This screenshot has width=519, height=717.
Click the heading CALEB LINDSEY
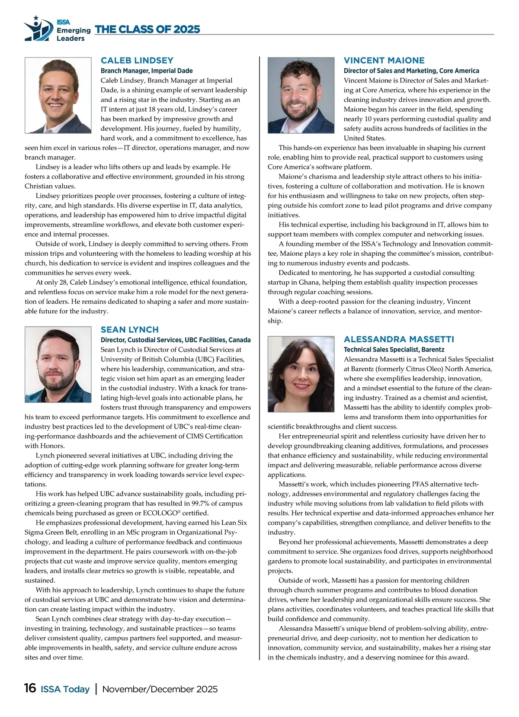[137, 61]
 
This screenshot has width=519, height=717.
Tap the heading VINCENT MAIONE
[384, 61]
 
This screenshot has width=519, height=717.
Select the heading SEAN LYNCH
[130, 330]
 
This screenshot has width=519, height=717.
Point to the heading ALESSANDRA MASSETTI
[399, 339]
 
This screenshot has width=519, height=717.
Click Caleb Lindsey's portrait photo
[58, 95]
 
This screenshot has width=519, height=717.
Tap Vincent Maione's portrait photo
[301, 95]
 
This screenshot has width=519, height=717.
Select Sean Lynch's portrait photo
[58, 364]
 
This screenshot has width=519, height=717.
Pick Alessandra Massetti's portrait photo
[301, 374]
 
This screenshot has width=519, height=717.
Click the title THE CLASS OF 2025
[147, 29]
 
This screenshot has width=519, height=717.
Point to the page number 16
[30, 688]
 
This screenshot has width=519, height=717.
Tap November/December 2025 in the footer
[160, 689]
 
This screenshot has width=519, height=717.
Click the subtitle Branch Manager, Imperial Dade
[147, 71]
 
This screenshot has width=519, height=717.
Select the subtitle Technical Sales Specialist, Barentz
[394, 349]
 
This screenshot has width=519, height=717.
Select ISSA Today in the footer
[65, 689]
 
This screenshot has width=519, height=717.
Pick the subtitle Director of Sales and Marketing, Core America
[411, 71]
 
